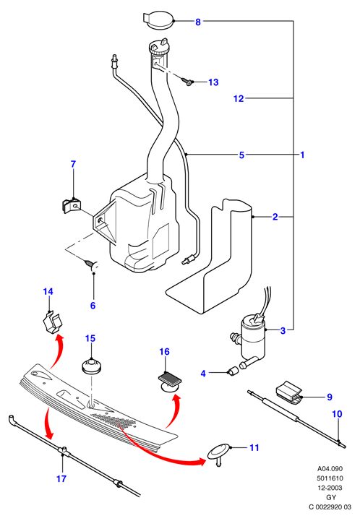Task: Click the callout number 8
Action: click(198, 22)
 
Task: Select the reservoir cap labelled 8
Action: click(158, 20)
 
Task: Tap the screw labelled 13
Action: click(188, 81)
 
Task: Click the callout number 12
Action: click(239, 98)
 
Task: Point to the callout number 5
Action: click(241, 155)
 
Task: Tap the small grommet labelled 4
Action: click(233, 371)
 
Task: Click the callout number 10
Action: click(337, 414)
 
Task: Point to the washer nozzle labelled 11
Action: click(219, 454)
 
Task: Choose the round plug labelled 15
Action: click(91, 366)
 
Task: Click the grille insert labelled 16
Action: click(170, 382)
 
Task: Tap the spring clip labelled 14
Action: click(53, 322)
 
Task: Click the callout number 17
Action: click(61, 479)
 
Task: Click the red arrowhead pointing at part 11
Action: click(202, 461)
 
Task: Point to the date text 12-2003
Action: click(330, 488)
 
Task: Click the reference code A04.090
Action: click(330, 469)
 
